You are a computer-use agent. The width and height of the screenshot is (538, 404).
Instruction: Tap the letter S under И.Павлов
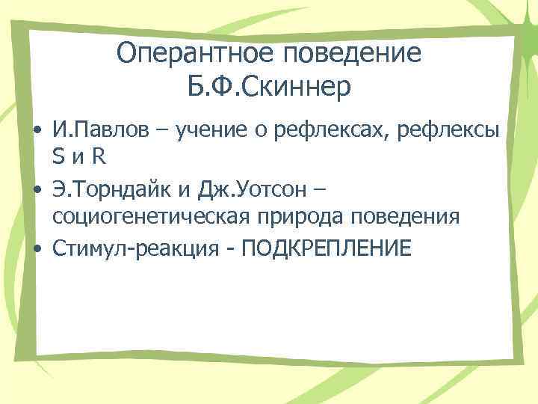58,158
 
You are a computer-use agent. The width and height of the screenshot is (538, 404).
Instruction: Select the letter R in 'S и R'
99,158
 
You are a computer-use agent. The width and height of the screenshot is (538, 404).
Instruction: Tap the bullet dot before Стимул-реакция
35,248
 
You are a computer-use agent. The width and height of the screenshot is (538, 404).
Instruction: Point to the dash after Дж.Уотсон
320,190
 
